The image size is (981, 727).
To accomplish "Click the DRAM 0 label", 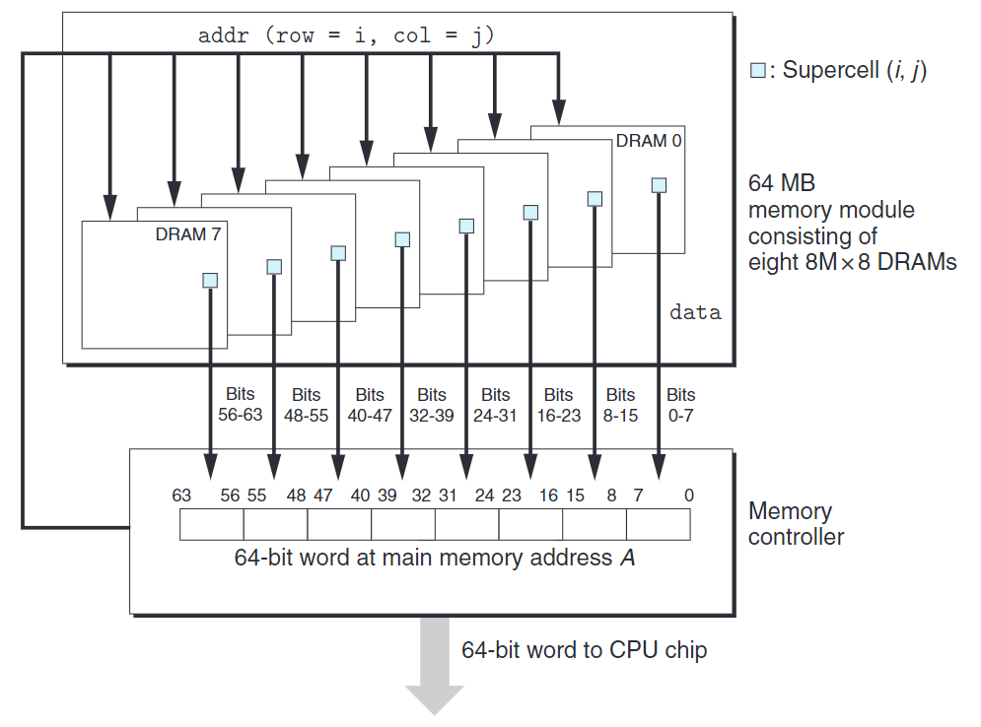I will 648,141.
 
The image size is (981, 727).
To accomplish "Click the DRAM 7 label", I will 187,234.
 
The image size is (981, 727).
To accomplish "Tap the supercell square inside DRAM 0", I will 659,184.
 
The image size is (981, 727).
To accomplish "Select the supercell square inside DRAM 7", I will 210,280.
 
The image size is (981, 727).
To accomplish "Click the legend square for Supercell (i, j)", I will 757,71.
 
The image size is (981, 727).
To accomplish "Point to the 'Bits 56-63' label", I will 240,405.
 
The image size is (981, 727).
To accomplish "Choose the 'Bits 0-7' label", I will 680,405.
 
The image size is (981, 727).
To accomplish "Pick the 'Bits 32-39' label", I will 431,405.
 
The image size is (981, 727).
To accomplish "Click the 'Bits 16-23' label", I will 558,405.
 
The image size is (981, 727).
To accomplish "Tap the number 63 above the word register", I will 181,496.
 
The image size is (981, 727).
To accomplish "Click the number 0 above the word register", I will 688,496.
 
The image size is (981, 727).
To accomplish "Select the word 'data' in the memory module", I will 695,313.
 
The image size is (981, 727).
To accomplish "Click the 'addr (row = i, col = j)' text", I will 346,36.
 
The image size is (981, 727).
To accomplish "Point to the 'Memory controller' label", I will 796,524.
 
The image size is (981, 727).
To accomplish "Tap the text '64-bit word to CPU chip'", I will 584,650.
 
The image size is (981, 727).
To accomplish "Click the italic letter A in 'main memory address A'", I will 627,558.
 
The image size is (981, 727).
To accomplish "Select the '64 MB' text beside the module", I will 782,183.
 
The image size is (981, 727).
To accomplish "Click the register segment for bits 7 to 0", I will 659,524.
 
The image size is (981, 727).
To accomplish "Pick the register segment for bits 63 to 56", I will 212,524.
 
